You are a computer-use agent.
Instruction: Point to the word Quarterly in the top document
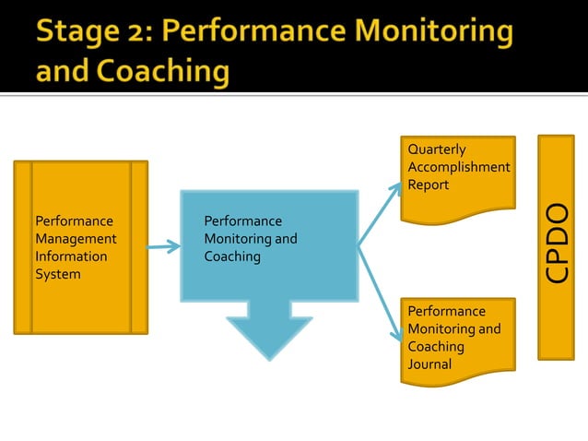tap(437, 149)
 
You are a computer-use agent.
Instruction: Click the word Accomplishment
tap(458, 167)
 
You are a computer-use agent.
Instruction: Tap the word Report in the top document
tap(429, 185)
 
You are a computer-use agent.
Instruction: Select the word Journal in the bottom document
tap(429, 364)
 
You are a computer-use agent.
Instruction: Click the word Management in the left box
tap(76, 239)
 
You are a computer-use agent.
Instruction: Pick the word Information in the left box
tap(71, 256)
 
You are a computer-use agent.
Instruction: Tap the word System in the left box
tap(58, 274)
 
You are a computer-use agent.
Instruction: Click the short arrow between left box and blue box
tap(163, 246)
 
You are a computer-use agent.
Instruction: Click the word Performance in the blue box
tap(242, 221)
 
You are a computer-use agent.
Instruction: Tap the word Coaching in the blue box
tap(232, 256)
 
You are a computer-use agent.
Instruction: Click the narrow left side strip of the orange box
tap(23, 247)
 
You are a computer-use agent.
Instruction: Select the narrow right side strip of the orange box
tap(139, 247)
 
